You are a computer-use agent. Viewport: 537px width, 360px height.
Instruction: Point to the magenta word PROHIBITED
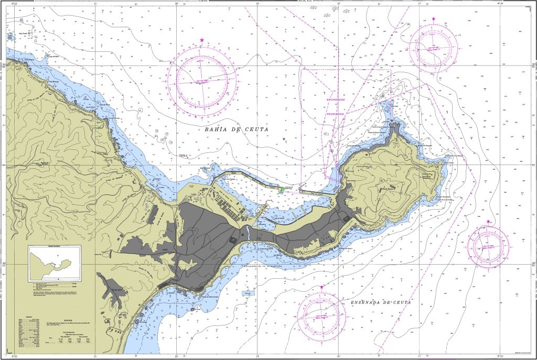(x=336, y=113)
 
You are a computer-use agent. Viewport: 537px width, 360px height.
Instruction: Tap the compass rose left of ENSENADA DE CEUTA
(x=321, y=315)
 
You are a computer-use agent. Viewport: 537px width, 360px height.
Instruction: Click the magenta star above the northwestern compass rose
(x=202, y=40)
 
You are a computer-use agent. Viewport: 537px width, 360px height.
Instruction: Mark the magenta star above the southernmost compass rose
(x=321, y=287)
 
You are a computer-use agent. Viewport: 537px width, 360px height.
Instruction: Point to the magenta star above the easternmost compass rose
(x=489, y=222)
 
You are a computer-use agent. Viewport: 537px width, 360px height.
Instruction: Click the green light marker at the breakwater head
(x=282, y=189)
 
